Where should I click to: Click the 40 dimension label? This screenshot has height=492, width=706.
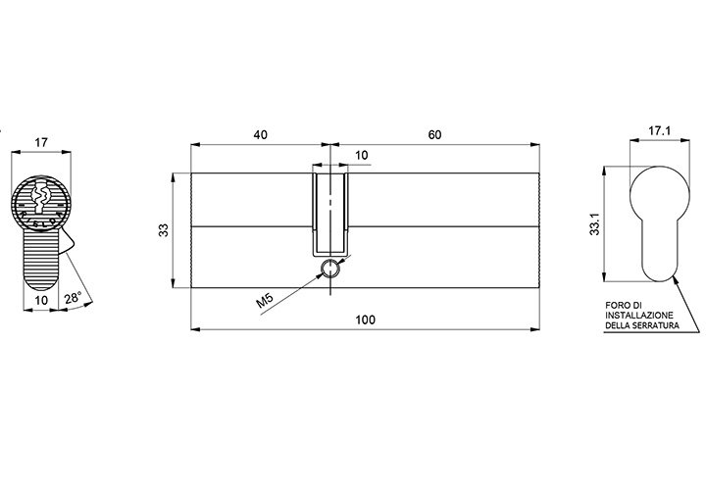(261, 134)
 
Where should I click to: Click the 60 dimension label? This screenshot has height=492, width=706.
(434, 134)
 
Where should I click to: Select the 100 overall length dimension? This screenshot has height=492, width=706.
(365, 320)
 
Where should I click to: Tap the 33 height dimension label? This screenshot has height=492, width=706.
(165, 230)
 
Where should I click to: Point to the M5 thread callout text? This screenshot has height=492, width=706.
(265, 300)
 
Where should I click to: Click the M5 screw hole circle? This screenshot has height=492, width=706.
(330, 269)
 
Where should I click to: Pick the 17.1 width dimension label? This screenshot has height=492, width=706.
(660, 131)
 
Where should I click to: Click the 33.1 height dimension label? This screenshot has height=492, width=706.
(595, 223)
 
